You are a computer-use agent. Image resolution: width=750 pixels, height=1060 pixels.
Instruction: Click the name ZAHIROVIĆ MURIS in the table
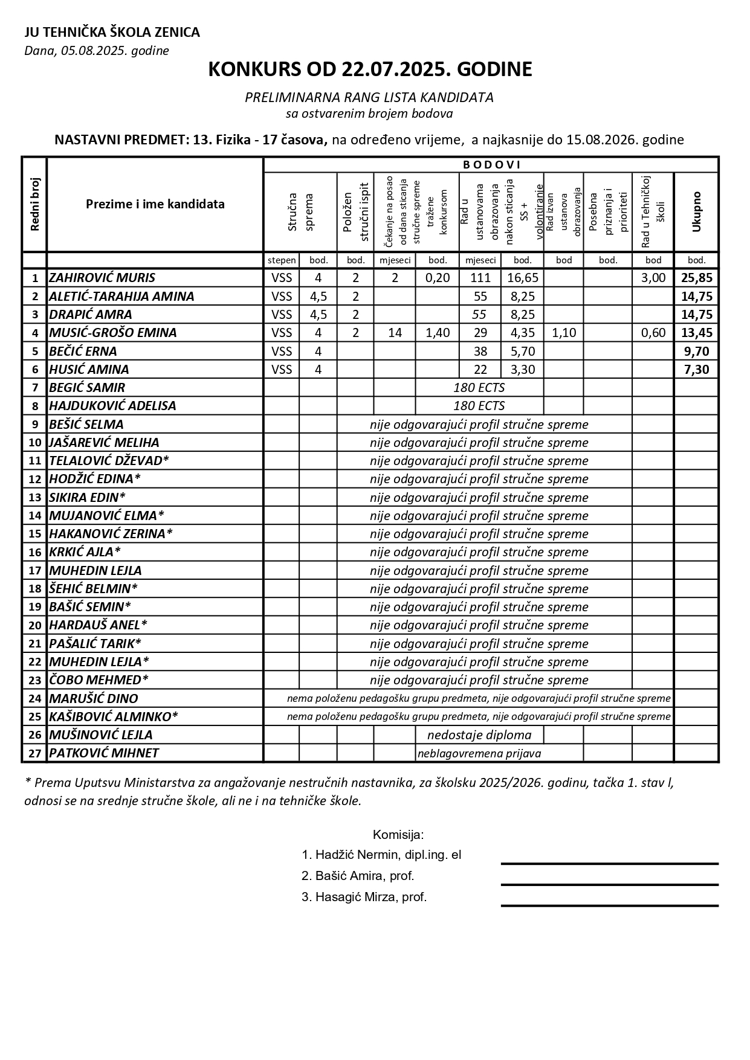pos(102,278)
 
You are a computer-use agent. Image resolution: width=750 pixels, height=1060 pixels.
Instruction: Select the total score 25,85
pos(696,278)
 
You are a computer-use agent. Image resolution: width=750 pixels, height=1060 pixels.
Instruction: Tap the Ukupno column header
pos(696,211)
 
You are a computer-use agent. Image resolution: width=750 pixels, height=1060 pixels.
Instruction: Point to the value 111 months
pos(480,278)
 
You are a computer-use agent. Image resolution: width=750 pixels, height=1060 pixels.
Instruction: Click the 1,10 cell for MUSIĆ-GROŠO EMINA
pos(563,333)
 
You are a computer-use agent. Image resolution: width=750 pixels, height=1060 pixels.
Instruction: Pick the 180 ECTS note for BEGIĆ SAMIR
pos(479,388)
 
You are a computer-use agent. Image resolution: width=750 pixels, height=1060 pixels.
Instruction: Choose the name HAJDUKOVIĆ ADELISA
pos(112,406)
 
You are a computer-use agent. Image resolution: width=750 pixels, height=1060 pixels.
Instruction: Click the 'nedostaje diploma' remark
pos(479,735)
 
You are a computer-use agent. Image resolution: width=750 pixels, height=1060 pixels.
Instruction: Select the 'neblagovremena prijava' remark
pos(479,753)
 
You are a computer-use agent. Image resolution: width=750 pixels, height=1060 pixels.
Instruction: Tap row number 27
pos(34,753)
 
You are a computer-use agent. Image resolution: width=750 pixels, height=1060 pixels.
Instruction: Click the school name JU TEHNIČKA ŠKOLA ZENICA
pos(112,33)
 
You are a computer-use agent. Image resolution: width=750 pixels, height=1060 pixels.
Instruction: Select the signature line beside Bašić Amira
pos(609,885)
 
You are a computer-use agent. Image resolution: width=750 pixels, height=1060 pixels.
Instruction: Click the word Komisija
pos(398,835)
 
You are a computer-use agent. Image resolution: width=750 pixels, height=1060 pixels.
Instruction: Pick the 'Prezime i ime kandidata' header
pos(155,204)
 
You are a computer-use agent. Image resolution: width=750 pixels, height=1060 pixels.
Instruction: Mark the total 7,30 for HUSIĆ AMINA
pos(696,370)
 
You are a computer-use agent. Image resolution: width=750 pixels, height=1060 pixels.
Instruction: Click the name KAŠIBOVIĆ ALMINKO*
pos(114,717)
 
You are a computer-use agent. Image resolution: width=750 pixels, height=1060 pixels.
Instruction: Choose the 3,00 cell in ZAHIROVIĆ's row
pos(653,278)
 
